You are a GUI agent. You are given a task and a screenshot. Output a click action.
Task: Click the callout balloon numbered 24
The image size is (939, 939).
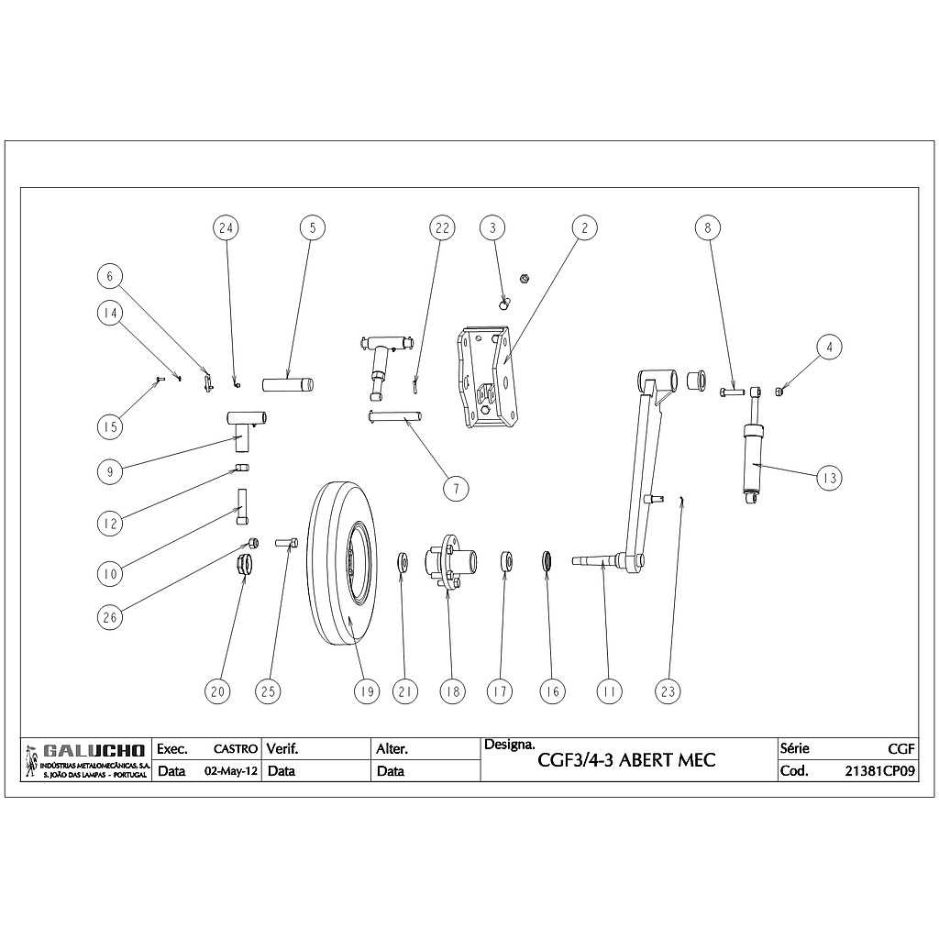[x=226, y=226]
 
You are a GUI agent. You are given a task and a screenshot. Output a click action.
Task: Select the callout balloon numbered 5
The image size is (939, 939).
[x=312, y=226]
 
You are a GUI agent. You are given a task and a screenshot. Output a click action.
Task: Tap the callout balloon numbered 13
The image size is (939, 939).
[x=828, y=477]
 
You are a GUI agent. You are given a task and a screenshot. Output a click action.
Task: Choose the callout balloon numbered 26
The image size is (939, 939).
[x=110, y=617]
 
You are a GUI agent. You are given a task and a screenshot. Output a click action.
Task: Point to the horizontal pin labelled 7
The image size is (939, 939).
[x=395, y=416]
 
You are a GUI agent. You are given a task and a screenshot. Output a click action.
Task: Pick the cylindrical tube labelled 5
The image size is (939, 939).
[x=289, y=383]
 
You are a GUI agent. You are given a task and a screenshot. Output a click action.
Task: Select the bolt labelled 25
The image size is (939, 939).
[x=283, y=543]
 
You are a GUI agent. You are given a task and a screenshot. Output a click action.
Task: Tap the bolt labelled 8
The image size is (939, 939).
[x=732, y=392]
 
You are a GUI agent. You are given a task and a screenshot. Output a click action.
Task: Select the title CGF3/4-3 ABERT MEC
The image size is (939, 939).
[x=626, y=761]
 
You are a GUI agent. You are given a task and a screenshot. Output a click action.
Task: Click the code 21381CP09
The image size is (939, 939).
[x=879, y=771]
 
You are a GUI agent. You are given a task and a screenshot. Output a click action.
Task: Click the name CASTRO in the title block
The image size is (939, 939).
[x=235, y=749]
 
